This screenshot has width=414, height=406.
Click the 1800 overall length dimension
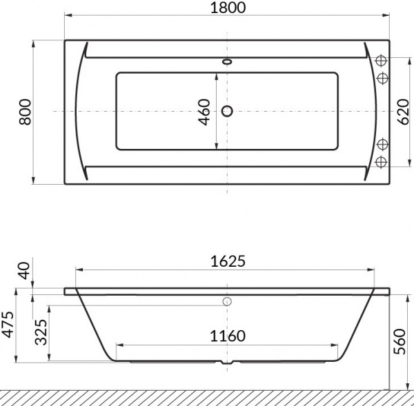pyautogui.click(x=227, y=9)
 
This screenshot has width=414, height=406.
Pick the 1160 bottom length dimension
pyautogui.click(x=227, y=336)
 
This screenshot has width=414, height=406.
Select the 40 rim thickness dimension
pyautogui.click(x=26, y=271)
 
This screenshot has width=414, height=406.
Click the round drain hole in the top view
pyautogui.click(x=227, y=111)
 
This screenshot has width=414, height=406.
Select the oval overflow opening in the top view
pyautogui.click(x=227, y=61)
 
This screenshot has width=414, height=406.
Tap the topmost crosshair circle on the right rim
pyautogui.click(x=379, y=60)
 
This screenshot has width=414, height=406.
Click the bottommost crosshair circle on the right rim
pyautogui.click(x=379, y=161)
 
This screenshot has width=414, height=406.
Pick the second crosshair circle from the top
pyautogui.click(x=379, y=77)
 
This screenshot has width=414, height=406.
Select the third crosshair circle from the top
pyautogui.click(x=379, y=144)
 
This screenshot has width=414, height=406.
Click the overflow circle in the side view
pyautogui.click(x=227, y=301)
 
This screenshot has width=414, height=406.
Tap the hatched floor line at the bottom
pyautogui.click(x=207, y=398)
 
